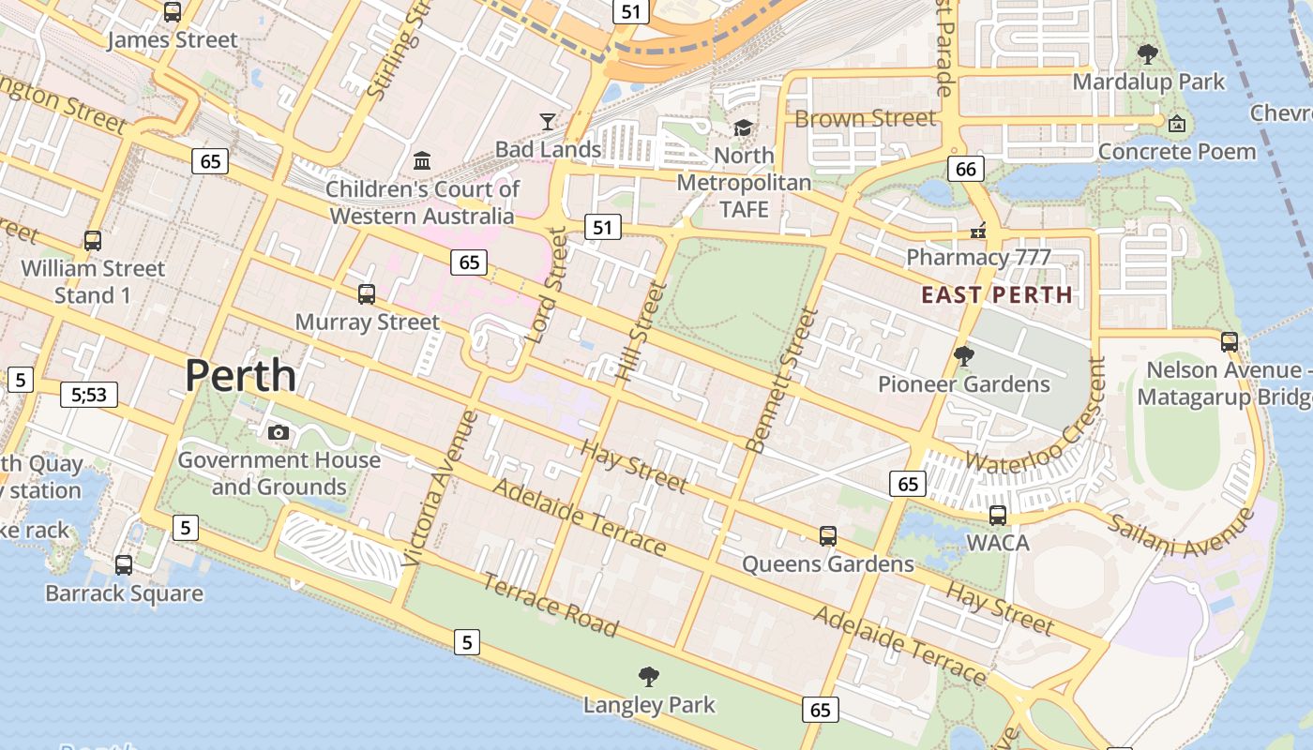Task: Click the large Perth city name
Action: click(240, 376)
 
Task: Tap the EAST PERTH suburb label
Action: click(996, 295)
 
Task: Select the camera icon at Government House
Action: click(279, 432)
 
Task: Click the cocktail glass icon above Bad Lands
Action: click(548, 121)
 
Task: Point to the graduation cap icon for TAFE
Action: click(744, 127)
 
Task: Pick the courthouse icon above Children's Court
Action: click(422, 160)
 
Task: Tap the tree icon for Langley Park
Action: click(648, 676)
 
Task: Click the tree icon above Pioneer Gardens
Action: click(963, 356)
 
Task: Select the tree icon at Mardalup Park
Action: click(1147, 53)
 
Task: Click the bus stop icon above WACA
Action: click(998, 515)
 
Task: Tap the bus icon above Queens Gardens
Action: click(827, 535)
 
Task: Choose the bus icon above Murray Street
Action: click(367, 293)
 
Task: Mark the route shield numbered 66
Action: click(966, 169)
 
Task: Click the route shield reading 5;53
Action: click(88, 395)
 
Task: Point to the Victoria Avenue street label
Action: click(441, 488)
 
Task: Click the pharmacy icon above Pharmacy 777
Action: click(978, 230)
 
